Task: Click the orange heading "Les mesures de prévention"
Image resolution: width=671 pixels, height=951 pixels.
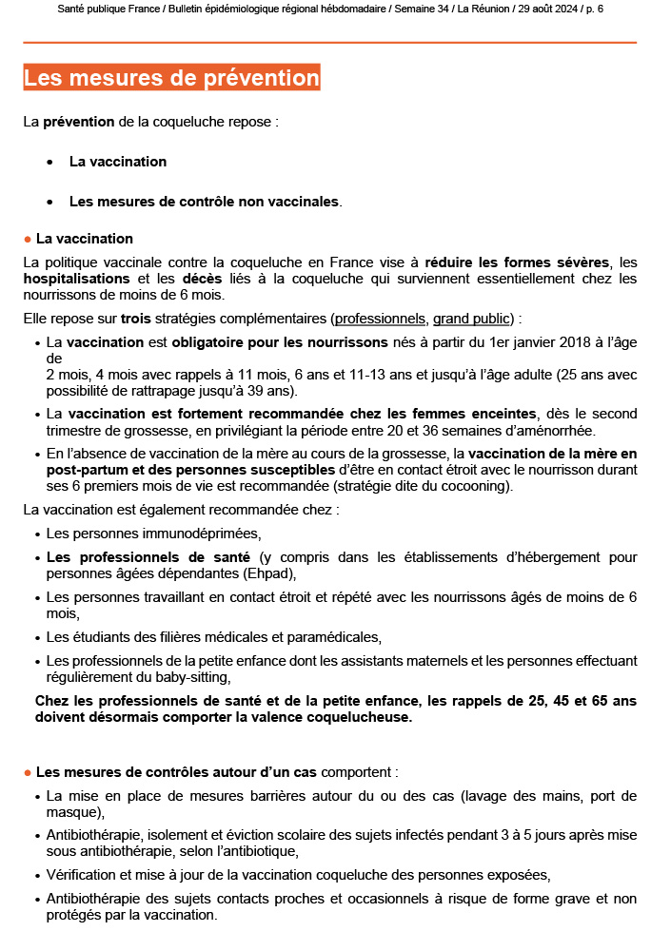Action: coord(171,78)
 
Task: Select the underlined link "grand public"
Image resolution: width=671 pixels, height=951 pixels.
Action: coord(473,318)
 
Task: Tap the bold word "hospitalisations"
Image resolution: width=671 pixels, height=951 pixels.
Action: coord(76,279)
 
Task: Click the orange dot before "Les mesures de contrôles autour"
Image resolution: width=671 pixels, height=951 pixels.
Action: coord(28,772)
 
